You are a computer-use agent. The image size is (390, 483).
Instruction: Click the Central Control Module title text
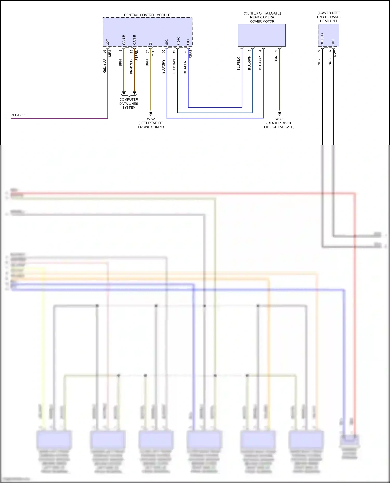147,15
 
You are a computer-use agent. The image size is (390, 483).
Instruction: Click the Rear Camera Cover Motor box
262,35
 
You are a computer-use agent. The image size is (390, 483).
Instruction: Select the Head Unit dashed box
329,35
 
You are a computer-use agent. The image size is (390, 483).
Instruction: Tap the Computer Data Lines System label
129,104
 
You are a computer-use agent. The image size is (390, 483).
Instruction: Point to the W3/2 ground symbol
151,113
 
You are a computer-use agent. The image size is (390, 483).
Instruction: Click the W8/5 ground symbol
279,113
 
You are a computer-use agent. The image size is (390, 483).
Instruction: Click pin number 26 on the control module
105,52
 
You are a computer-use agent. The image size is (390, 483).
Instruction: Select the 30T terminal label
108,42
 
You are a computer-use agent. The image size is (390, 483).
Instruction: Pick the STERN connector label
137,56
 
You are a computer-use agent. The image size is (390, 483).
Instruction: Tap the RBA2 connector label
190,54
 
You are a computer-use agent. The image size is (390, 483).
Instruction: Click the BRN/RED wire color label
131,67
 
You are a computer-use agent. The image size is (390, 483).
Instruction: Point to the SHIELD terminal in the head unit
322,39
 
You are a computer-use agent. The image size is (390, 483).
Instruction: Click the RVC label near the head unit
335,53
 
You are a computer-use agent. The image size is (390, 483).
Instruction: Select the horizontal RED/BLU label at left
17,115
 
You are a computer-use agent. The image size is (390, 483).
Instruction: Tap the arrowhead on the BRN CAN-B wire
124,93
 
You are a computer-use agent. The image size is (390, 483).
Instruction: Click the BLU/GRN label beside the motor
249,63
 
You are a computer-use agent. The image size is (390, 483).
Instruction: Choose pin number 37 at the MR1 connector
147,52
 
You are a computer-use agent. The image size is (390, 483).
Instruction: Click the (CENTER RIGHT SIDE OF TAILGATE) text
279,125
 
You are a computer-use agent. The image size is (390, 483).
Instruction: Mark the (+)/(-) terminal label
178,41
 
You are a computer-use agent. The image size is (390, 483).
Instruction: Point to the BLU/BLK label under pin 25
185,67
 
